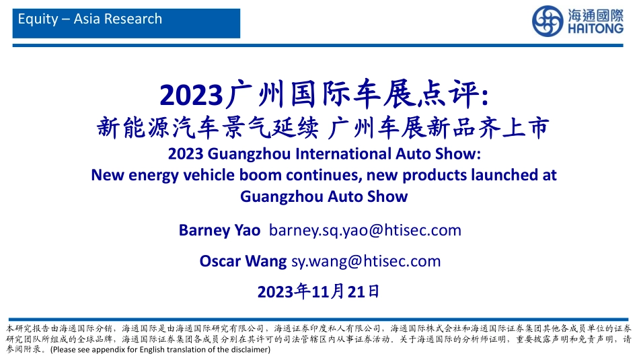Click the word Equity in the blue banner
pos(38,19)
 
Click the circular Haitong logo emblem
pos(548,21)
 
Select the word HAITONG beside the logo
pos(595,28)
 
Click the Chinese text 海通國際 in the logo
pos(595,15)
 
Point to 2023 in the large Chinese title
pos(191,96)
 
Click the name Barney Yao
pos(219,230)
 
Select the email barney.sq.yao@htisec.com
pos(365,230)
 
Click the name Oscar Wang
pos(243,261)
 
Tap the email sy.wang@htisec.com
pos(366,261)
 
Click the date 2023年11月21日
pos(318,292)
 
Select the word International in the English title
pos(342,153)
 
